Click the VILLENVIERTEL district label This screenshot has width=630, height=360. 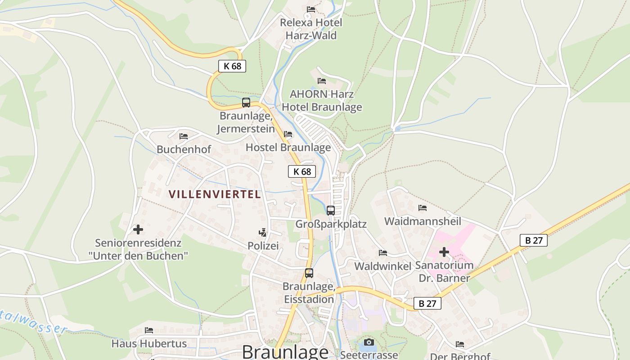click(x=215, y=194)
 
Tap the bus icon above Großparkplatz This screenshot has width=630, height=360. click(x=331, y=210)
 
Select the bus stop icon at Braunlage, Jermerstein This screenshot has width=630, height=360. click(x=246, y=103)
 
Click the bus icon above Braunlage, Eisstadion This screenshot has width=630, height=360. click(x=309, y=273)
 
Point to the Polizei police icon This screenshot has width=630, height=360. click(x=263, y=233)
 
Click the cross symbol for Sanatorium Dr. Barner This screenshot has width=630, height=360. click(x=444, y=252)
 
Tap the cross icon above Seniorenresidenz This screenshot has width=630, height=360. click(x=138, y=229)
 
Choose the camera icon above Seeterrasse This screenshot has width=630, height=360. click(x=369, y=342)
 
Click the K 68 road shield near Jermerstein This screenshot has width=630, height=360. click(x=232, y=66)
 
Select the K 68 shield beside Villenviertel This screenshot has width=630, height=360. click(x=302, y=171)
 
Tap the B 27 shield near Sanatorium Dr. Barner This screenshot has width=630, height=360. click(x=427, y=303)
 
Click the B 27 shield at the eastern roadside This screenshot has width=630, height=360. click(x=534, y=240)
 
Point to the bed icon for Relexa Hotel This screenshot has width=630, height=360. click(x=311, y=9)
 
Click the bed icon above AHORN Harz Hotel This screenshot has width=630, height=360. click(x=322, y=81)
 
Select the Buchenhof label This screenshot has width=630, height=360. click(x=184, y=149)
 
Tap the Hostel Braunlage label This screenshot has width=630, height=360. click(x=288, y=147)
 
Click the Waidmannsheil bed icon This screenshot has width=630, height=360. click(x=423, y=208)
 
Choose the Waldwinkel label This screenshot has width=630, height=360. click(x=383, y=266)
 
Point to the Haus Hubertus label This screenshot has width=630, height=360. click(x=149, y=344)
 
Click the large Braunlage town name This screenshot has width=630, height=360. click(x=285, y=352)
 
